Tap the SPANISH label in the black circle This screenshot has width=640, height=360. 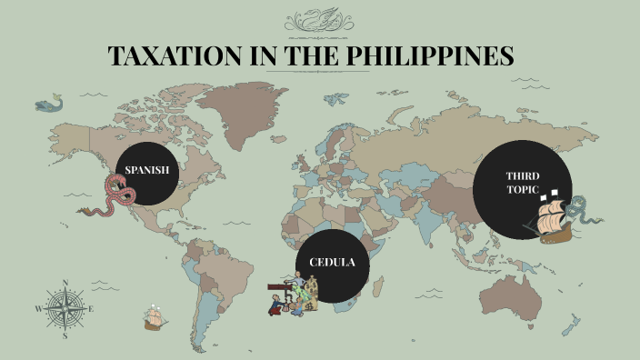pyautogui.click(x=147, y=170)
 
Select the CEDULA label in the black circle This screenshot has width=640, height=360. pyautogui.click(x=332, y=262)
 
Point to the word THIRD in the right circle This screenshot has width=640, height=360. pyautogui.click(x=515, y=175)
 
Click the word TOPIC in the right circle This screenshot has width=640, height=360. pyautogui.click(x=515, y=190)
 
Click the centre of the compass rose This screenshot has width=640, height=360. pyautogui.click(x=65, y=310)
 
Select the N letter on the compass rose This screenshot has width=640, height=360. pyautogui.click(x=65, y=283)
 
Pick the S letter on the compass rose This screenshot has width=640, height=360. pyautogui.click(x=65, y=335)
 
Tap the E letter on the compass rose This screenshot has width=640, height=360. pyautogui.click(x=92, y=309)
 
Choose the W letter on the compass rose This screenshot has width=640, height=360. pyautogui.click(x=38, y=309)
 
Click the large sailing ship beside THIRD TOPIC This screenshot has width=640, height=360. pyautogui.click(x=554, y=218)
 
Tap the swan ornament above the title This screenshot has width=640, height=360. pyautogui.click(x=320, y=18)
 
